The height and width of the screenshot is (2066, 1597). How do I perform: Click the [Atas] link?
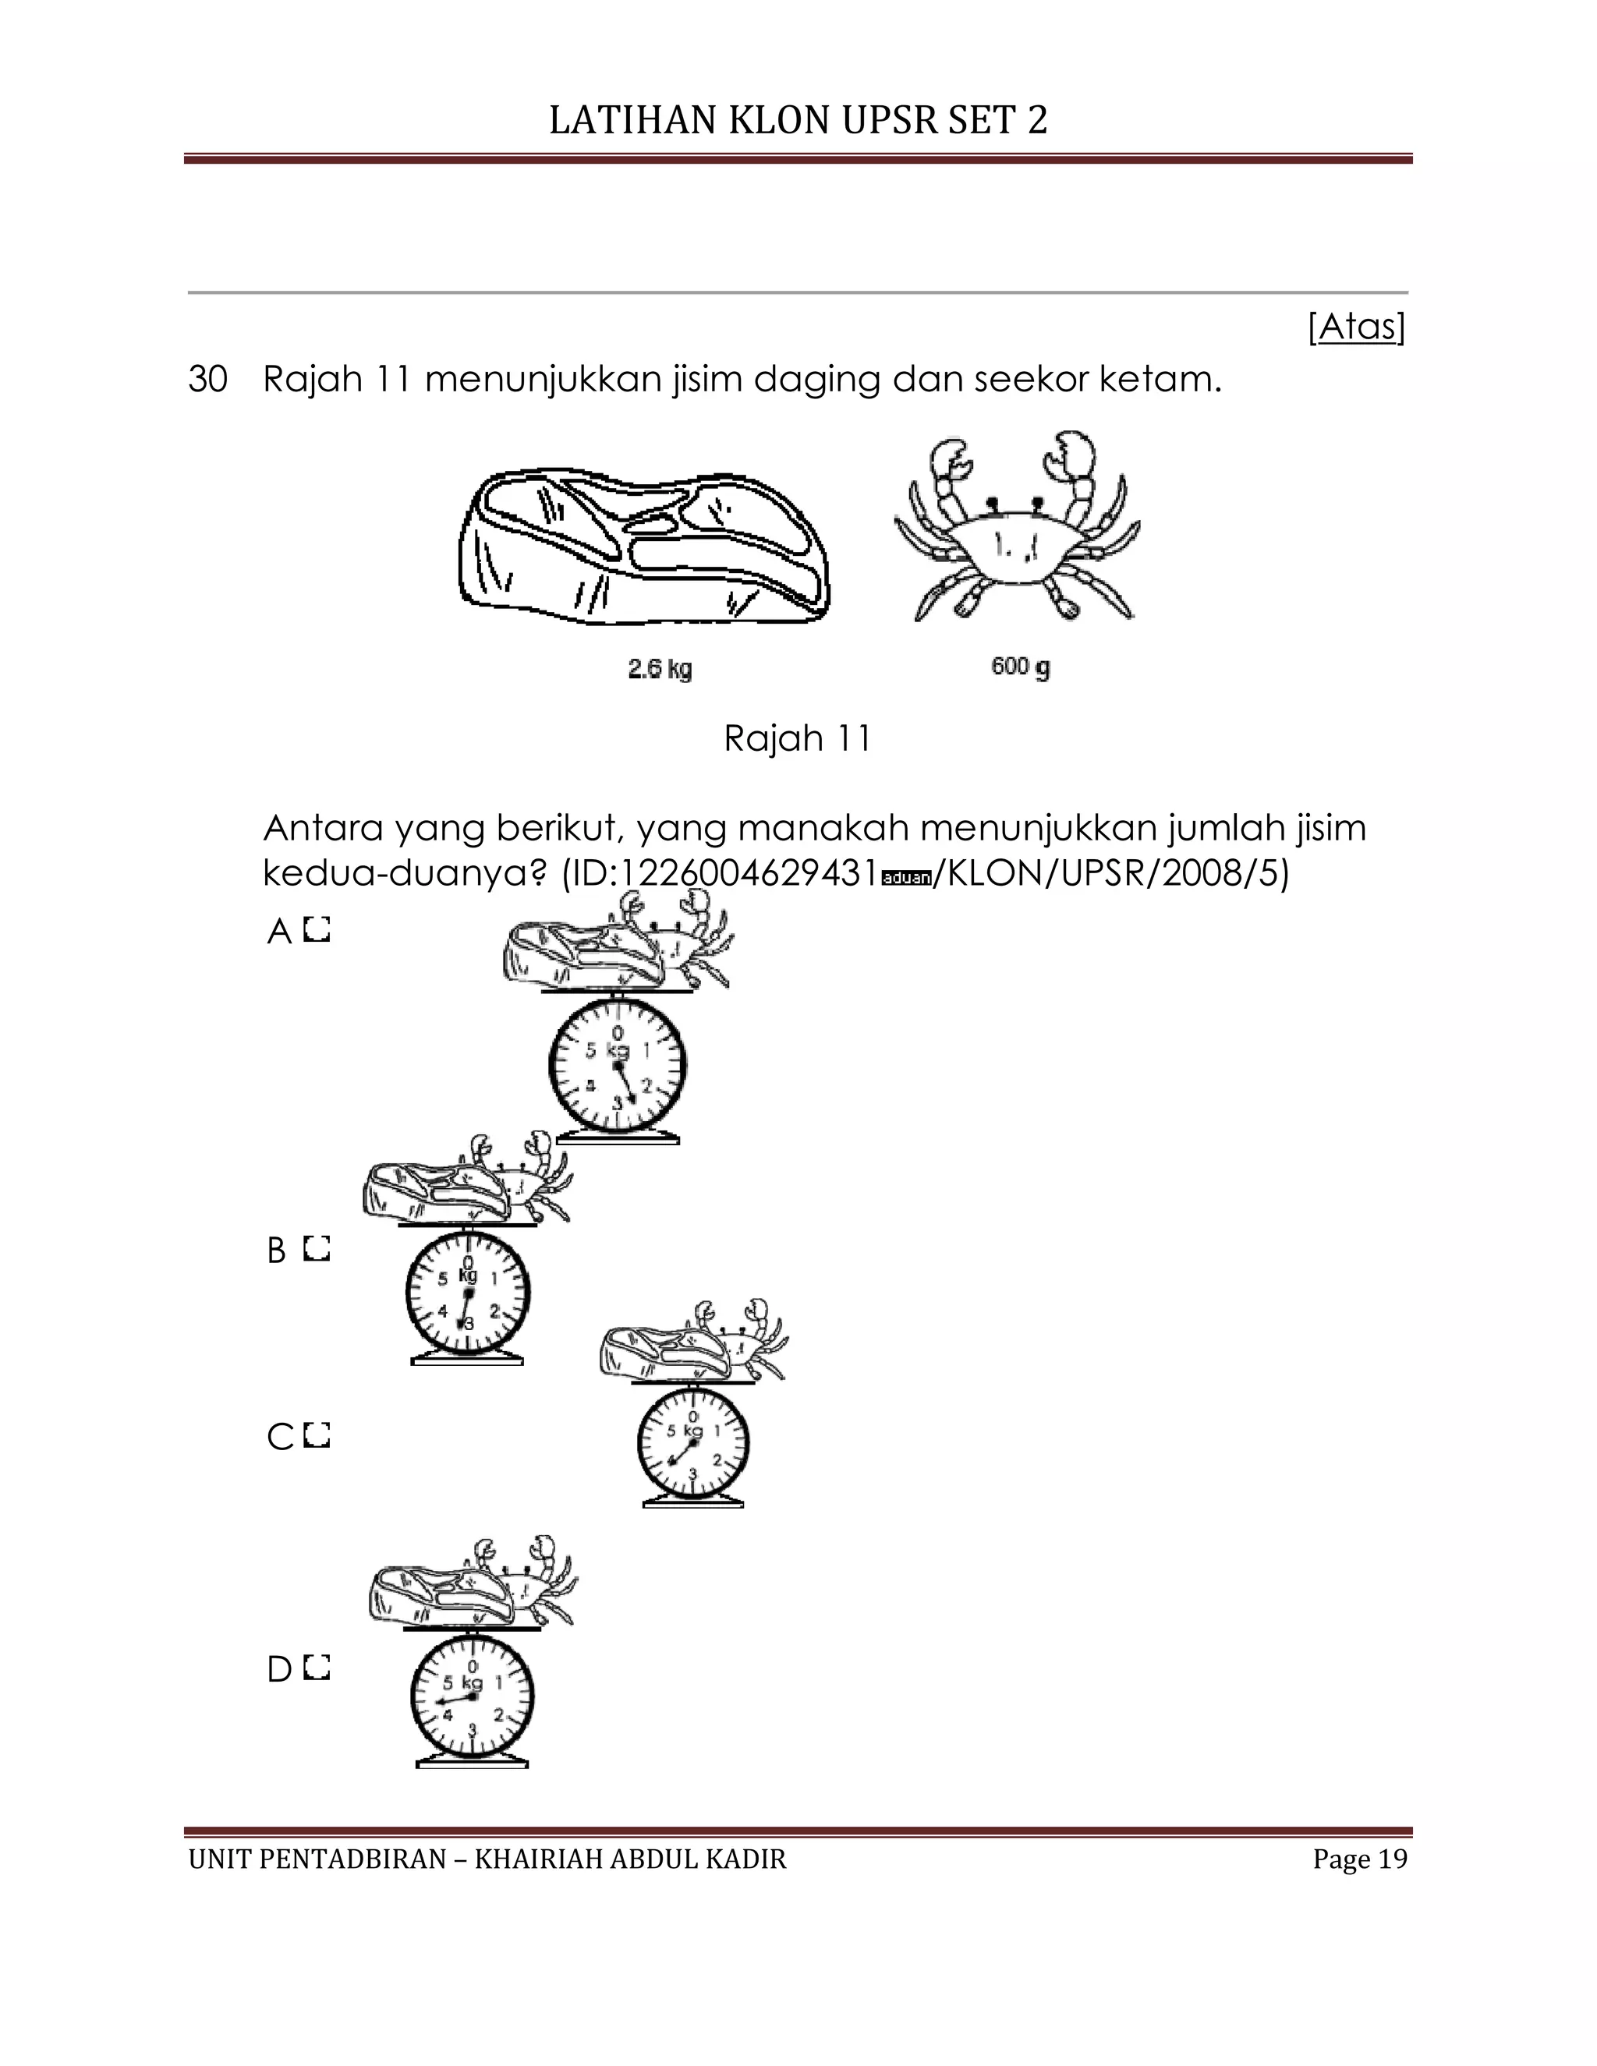tap(1356, 327)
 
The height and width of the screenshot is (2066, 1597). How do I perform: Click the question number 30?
tap(208, 380)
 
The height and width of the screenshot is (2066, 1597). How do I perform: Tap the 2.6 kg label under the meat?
tap(660, 670)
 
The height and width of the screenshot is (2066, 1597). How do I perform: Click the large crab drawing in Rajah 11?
tap(1017, 529)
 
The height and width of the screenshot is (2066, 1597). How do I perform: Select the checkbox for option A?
tap(318, 931)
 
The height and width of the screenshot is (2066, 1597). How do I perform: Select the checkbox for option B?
tap(318, 1250)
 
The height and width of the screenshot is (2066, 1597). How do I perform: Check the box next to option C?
tap(318, 1436)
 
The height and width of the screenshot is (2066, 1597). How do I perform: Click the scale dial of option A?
tap(617, 1065)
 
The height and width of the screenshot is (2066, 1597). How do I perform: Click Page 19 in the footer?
tap(1359, 1859)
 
